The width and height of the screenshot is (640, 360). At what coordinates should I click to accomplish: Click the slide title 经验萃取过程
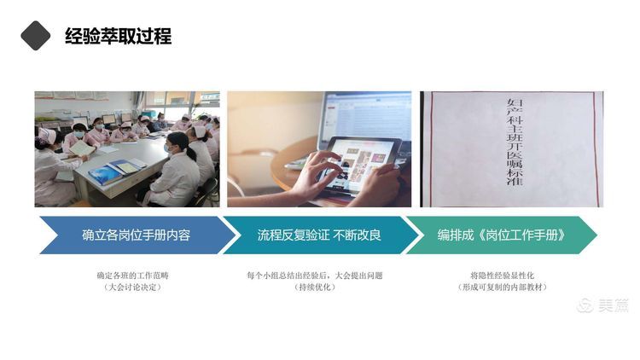pyautogui.click(x=118, y=36)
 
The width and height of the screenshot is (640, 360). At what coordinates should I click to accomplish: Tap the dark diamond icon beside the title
pyautogui.click(x=36, y=35)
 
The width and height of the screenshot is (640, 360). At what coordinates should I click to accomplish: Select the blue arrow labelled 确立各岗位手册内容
pyautogui.click(x=137, y=235)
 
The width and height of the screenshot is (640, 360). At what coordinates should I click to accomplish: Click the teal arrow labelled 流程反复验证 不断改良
pyautogui.click(x=320, y=235)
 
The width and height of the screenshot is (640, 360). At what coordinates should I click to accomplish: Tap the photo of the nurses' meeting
pyautogui.click(x=126, y=148)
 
